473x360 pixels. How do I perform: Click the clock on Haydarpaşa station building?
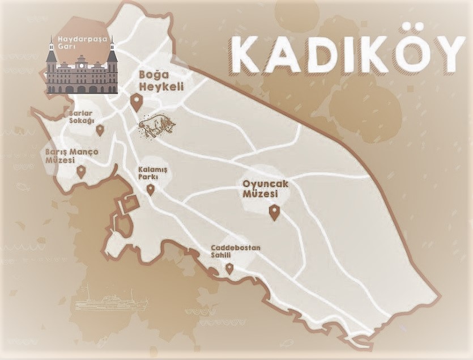click(82, 63)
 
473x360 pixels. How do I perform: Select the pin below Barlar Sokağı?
click(100, 130)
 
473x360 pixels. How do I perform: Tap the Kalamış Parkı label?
click(148, 172)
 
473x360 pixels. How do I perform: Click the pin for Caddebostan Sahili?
click(229, 268)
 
